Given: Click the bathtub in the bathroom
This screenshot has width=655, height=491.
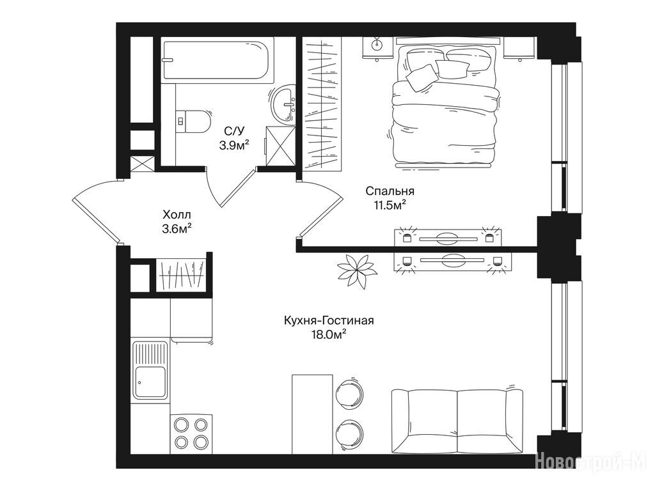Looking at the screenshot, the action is pos(217,59).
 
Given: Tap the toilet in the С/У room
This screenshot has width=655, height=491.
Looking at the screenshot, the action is pos(193,121).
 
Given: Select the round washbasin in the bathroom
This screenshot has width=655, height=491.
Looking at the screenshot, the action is pos(283,104).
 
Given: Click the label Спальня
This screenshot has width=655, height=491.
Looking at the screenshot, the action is pos(390,191).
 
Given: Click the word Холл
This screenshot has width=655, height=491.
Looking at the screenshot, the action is pos(177,215).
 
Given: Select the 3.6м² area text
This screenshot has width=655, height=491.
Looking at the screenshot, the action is pos(177,229).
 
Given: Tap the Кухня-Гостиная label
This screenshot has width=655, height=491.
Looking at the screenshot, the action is pos(329,321).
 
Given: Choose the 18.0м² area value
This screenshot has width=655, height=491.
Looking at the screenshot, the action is pos(328,334).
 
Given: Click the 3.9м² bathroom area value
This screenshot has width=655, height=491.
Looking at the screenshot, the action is pos(234,145).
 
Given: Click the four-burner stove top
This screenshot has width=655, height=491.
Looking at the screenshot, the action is pos(191,433).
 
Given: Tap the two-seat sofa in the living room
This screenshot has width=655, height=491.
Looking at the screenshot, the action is pos(457,419).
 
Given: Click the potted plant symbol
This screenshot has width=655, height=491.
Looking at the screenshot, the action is pos(356,271).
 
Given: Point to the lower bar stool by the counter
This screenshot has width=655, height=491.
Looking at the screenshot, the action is pos(349,434).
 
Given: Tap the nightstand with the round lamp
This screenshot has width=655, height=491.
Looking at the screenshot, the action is pos(377,47).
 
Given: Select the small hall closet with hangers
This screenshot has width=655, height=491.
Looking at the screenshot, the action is pos(181,275).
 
